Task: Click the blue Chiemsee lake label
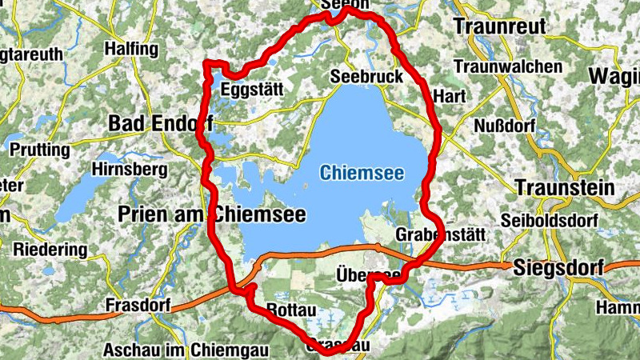(x=362, y=172)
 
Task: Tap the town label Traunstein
(x=565, y=189)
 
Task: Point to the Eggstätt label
(x=252, y=89)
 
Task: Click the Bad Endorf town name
(x=160, y=123)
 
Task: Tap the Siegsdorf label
(x=559, y=267)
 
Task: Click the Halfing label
(x=131, y=50)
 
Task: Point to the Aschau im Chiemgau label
(x=189, y=350)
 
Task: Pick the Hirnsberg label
(x=130, y=170)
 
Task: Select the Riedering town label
(x=50, y=250)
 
